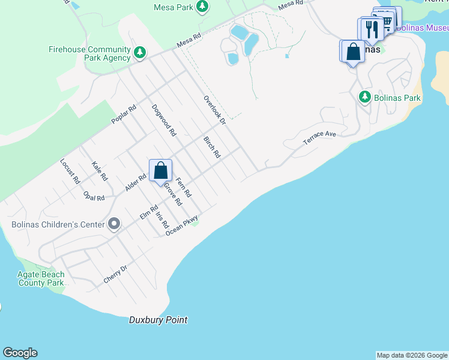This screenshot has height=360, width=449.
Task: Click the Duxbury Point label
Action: [158, 320]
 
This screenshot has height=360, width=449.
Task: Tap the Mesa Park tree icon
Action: [203, 6]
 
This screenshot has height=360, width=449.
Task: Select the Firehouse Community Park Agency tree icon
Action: [140, 52]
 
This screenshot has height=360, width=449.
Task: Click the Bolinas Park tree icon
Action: [364, 97]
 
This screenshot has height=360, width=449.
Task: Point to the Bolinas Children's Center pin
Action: [114, 225]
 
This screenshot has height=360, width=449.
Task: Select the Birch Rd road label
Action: [212, 147]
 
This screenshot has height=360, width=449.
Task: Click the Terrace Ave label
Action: [320, 137]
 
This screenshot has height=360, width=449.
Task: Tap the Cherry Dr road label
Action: [116, 275]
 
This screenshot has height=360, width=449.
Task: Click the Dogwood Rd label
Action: [163, 120]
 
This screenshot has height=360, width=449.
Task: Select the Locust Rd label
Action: [70, 170]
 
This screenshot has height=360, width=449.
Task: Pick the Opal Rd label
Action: [94, 197]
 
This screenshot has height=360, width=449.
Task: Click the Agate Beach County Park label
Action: [41, 278]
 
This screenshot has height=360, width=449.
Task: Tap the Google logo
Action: [20, 353]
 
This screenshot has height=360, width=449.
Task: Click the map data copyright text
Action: [412, 355]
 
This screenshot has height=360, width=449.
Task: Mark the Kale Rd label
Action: [100, 171]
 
